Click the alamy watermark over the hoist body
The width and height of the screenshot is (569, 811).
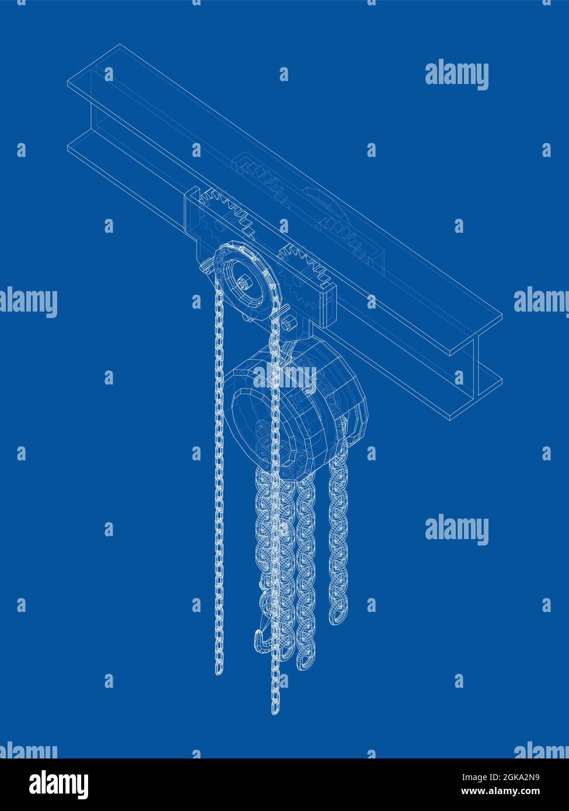285,379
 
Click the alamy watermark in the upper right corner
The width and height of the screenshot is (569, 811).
456,75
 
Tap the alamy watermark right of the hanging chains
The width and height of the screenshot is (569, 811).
456,530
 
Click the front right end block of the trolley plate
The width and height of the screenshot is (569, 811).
327,303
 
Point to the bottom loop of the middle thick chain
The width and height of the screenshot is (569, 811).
305,659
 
